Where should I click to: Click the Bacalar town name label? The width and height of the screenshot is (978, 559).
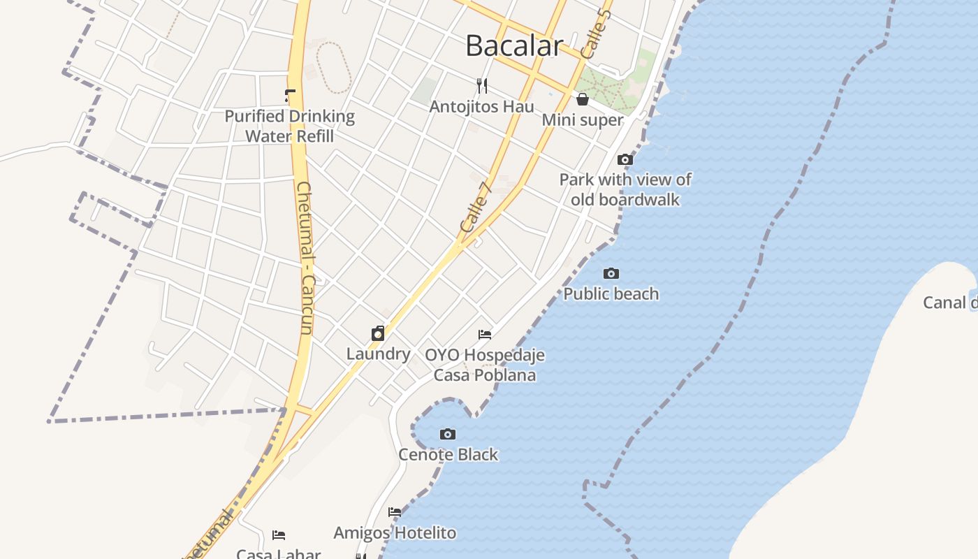pos(514,46)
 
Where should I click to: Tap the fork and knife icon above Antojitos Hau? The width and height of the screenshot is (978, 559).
pos(481,86)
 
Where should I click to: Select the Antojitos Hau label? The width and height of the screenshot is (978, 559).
pos(481,107)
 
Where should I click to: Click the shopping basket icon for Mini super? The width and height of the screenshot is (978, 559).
pos(583,99)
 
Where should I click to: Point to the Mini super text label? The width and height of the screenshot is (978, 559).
pos(583,120)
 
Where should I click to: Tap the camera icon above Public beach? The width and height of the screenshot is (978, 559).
pos(611,273)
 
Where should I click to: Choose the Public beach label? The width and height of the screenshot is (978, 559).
pos(611,294)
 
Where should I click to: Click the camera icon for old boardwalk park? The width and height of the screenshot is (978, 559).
pos(625,159)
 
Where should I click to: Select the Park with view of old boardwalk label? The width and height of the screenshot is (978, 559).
pos(625,189)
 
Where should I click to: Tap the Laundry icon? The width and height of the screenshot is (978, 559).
pos(378,333)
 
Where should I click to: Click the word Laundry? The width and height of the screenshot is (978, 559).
pos(378,354)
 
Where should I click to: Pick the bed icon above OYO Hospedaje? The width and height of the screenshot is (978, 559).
pos(485,335)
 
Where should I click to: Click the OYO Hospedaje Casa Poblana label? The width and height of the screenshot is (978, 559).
pos(485,365)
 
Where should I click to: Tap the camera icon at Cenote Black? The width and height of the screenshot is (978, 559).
pos(448,434)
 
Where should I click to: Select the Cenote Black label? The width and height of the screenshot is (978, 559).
pos(448,455)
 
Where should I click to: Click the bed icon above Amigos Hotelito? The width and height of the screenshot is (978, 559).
pos(395,512)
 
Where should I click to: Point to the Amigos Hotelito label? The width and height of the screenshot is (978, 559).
pos(395,533)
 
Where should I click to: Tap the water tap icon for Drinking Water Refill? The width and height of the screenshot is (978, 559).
pos(290,96)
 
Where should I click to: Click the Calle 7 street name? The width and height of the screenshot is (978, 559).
pos(476,207)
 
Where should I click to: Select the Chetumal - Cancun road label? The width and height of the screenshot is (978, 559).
pos(305,258)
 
